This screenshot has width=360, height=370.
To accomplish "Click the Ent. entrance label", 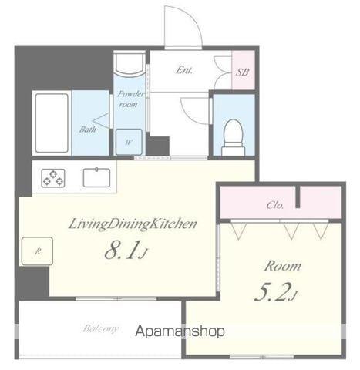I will pyautogui.click(x=184, y=70).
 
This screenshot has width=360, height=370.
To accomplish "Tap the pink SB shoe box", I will pyautogui.click(x=242, y=72).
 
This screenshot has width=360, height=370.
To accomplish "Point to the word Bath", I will pyautogui.click(x=88, y=129).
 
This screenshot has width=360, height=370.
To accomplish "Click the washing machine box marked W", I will pyautogui.click(x=127, y=141).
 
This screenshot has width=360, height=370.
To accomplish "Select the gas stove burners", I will pyautogui.click(x=53, y=179).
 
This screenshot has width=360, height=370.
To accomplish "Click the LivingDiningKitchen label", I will pyautogui.click(x=133, y=224).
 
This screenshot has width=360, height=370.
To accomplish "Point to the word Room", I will pyautogui.click(x=283, y=266).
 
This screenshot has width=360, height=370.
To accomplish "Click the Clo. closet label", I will pyautogui.click(x=275, y=205).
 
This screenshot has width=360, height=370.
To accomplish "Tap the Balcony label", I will pyautogui.click(x=101, y=329).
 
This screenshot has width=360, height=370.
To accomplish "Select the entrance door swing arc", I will pyautogui.click(x=185, y=27).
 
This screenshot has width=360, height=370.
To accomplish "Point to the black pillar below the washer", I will pyautogui.click(x=158, y=145).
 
